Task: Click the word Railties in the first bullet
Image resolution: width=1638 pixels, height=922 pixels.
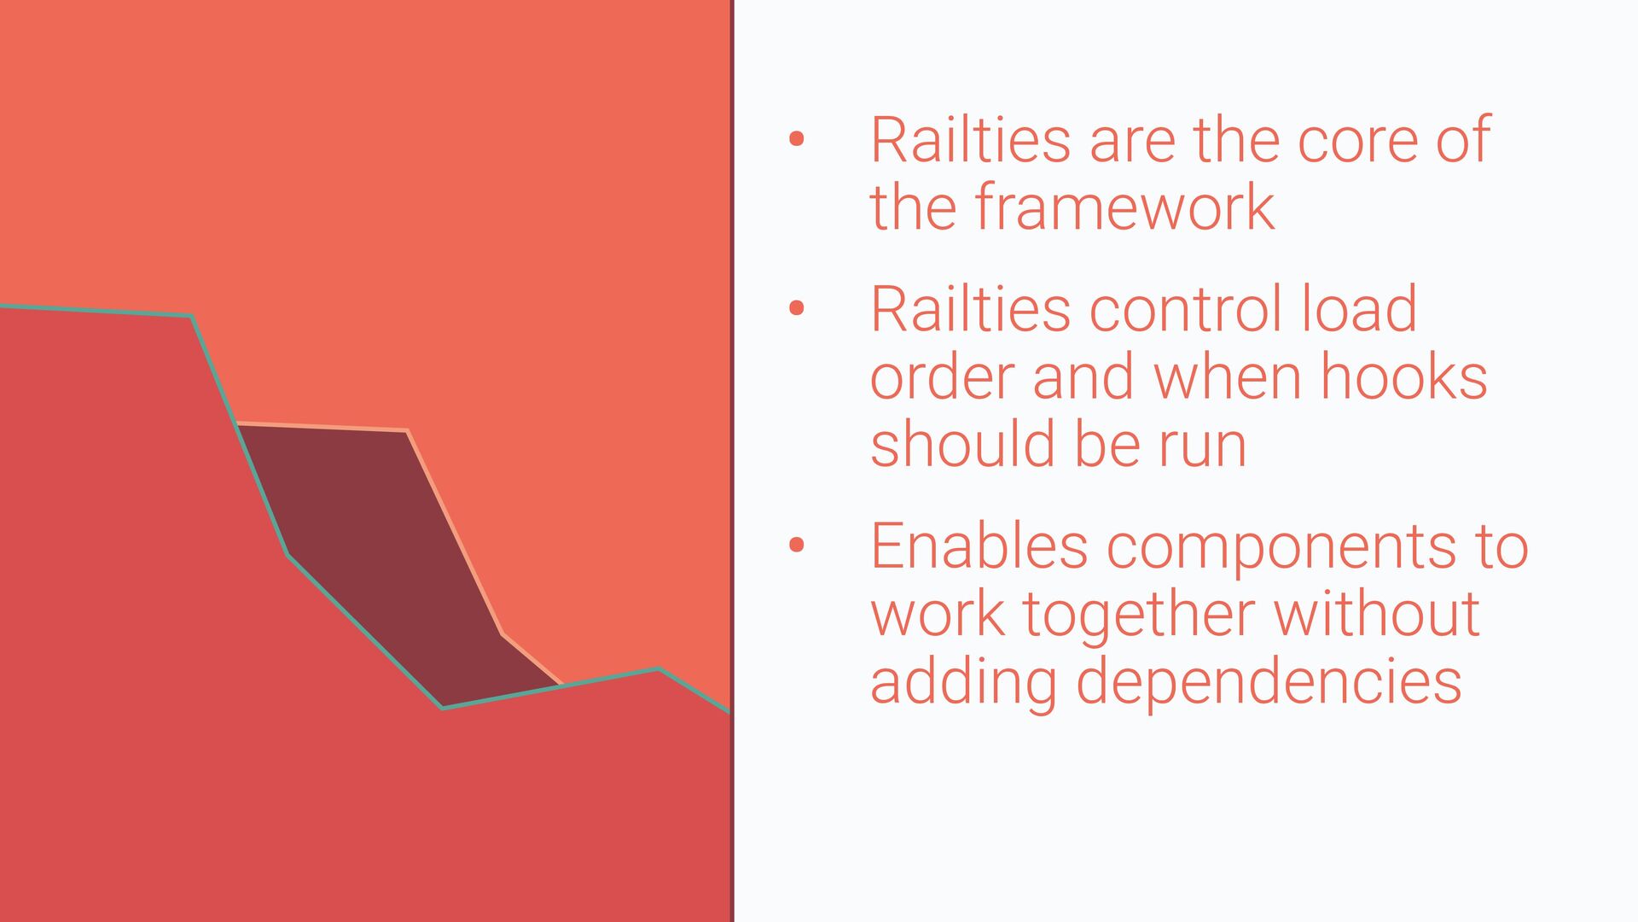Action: [971, 139]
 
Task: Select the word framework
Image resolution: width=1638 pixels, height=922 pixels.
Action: [1124, 207]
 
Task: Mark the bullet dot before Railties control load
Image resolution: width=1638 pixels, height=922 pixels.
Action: [797, 308]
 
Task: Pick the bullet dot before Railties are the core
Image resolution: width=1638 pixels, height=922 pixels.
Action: [797, 139]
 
